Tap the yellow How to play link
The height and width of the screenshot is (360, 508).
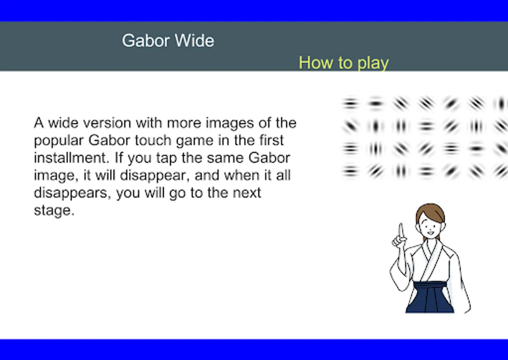(x=344, y=63)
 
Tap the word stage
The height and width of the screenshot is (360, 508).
(x=54, y=211)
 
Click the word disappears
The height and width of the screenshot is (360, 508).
(x=72, y=193)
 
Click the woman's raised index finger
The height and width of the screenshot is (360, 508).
(x=401, y=231)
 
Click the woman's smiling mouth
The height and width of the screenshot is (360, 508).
(x=430, y=233)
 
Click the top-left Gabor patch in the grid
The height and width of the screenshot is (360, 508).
(x=351, y=104)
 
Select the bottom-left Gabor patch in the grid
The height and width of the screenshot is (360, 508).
(x=351, y=171)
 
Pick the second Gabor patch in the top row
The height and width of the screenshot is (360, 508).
(x=375, y=104)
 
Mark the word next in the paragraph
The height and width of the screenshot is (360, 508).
(x=247, y=193)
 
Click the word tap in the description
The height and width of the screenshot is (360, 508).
(x=167, y=158)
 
